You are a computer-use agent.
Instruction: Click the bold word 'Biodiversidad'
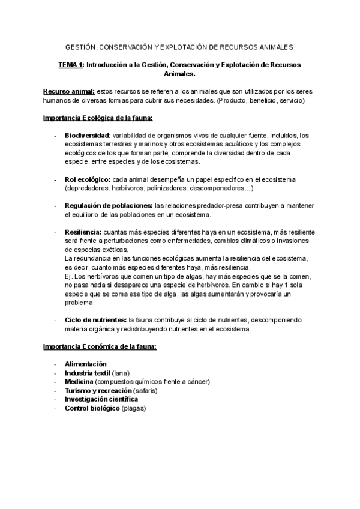[x=86, y=136]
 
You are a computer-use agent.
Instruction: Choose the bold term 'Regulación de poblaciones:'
[x=108, y=206]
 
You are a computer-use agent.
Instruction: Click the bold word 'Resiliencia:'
[x=83, y=232]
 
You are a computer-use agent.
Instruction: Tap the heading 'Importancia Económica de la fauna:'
[x=100, y=346]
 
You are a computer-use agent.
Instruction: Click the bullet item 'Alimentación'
[x=85, y=364]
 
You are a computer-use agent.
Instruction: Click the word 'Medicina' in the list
[x=79, y=382]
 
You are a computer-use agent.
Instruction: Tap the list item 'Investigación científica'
[x=101, y=399]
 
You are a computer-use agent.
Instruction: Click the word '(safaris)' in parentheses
[x=142, y=390]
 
